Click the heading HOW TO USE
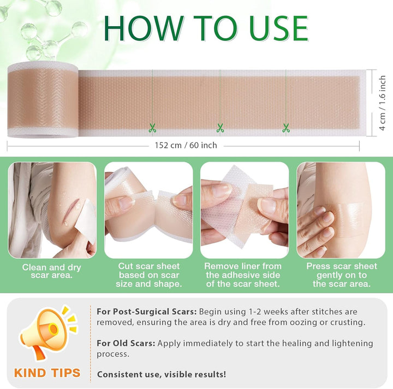point(206,28)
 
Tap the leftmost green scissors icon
point(152,128)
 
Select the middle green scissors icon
point(220,128)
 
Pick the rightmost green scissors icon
point(285,128)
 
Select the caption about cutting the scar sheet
point(149,275)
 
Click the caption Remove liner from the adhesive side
point(243,275)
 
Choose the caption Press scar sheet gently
point(341,275)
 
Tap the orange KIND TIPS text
point(47,373)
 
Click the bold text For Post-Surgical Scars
point(147,312)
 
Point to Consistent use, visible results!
point(162,374)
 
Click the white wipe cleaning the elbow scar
point(85,220)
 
